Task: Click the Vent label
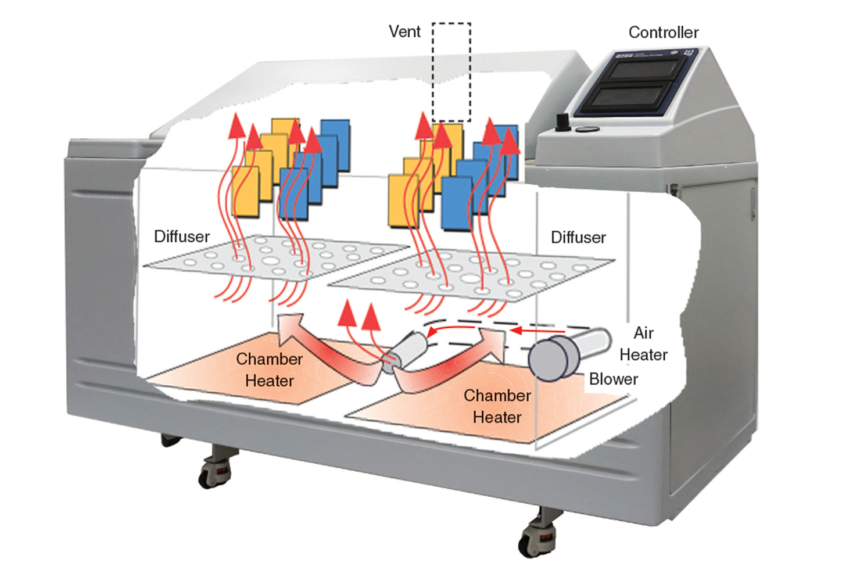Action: click(404, 31)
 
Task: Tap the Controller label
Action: click(663, 33)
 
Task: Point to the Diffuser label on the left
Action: click(182, 236)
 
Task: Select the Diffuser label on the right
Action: click(578, 237)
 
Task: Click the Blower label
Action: click(614, 379)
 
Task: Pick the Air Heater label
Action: click(643, 344)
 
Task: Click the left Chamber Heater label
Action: click(269, 370)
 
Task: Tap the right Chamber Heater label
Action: click(497, 406)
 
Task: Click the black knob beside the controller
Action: click(562, 122)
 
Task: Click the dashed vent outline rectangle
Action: click(451, 81)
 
